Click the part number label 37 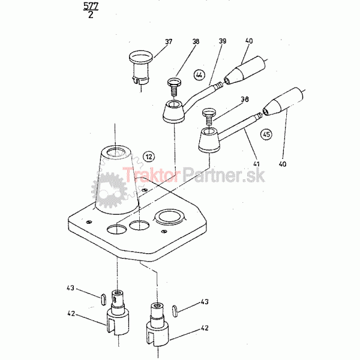tap(169, 41)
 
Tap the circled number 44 tap(199, 75)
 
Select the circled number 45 tap(266, 134)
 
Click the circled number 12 tap(149, 157)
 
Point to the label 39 tap(222, 41)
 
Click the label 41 tap(256, 164)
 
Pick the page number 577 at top tap(91, 6)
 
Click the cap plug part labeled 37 tap(141, 68)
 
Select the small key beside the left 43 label tap(103, 299)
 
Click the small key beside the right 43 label tap(175, 311)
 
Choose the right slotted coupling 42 tap(157, 324)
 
